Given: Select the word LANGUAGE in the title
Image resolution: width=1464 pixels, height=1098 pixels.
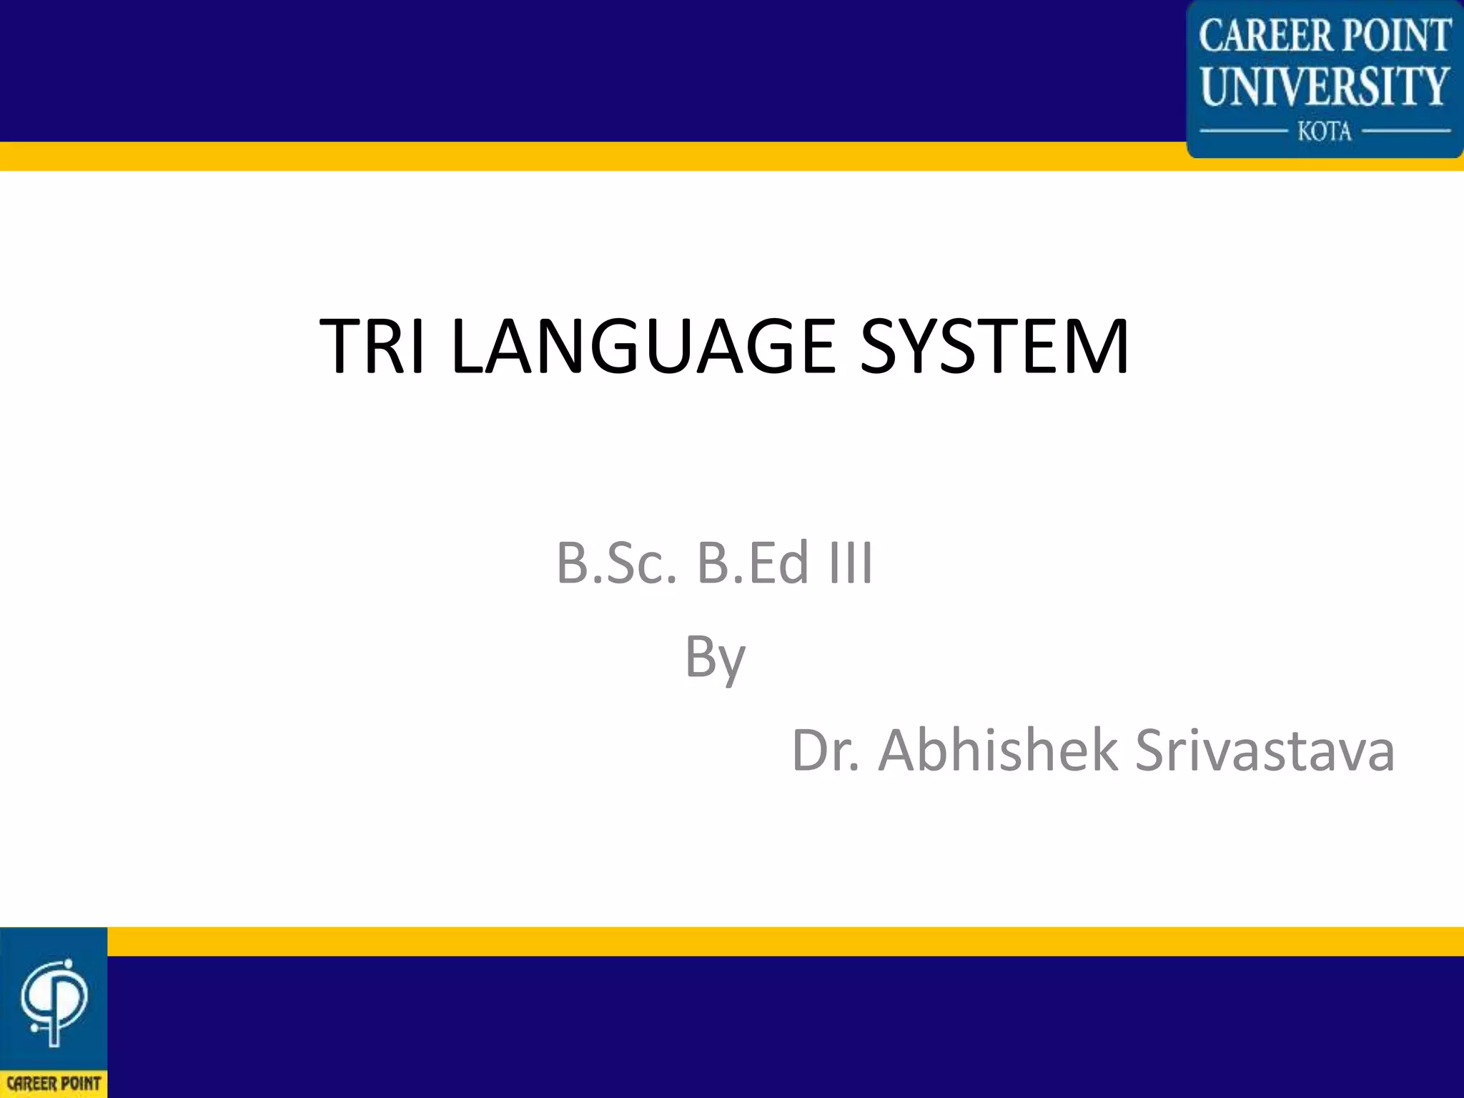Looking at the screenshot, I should [x=643, y=347].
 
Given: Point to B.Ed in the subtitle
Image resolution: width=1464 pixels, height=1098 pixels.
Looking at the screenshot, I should [x=753, y=563].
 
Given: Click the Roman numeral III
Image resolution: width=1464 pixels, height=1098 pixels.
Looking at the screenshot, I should [x=851, y=563].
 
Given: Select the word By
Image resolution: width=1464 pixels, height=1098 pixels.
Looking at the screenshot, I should [x=715, y=658].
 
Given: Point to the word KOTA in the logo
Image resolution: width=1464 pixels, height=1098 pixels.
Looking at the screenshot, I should [x=1325, y=132].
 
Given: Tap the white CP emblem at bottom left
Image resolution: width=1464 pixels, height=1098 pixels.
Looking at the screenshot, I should [x=54, y=1001].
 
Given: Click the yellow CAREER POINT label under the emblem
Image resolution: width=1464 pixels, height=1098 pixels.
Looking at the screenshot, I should [x=54, y=1084].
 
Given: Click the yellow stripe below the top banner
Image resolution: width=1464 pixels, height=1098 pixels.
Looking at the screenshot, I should [x=572, y=156].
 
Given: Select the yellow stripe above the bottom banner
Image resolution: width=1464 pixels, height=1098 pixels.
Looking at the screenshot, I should [x=715, y=941].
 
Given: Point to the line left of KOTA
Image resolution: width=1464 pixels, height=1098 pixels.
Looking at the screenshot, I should [x=1242, y=132].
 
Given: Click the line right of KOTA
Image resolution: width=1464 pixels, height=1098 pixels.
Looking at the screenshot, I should [x=1405, y=132].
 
